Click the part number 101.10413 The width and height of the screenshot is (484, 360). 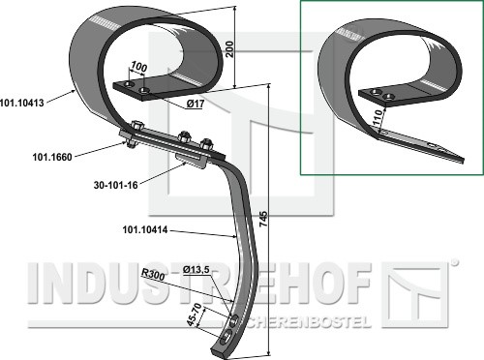[22, 103]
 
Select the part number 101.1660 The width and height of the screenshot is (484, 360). [52, 157]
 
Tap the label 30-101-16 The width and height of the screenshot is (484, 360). [116, 185]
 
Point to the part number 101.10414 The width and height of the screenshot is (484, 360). [145, 230]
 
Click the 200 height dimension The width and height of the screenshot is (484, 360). [229, 49]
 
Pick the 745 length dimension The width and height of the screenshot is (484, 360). [263, 219]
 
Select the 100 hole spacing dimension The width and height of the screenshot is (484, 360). [138, 68]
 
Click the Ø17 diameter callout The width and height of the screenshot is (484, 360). [195, 104]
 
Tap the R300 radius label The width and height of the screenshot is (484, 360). [153, 275]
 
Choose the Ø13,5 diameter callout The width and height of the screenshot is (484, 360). [196, 270]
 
